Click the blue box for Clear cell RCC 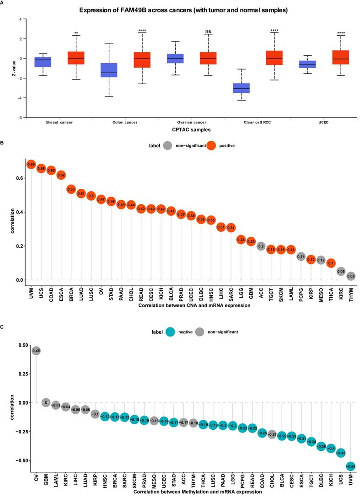tap(241, 88)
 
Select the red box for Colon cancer tap(141, 60)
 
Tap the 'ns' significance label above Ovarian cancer tap(208, 32)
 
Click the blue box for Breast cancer tap(43, 62)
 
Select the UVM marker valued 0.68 tap(31, 164)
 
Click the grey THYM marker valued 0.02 tap(351, 276)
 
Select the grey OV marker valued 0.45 tap(37, 351)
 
